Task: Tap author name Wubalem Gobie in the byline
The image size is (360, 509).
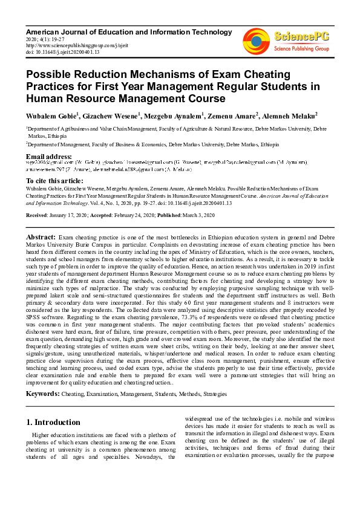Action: pos(51,115)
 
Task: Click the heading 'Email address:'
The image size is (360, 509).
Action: pos(48,157)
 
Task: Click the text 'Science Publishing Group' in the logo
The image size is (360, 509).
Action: pos(301,48)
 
